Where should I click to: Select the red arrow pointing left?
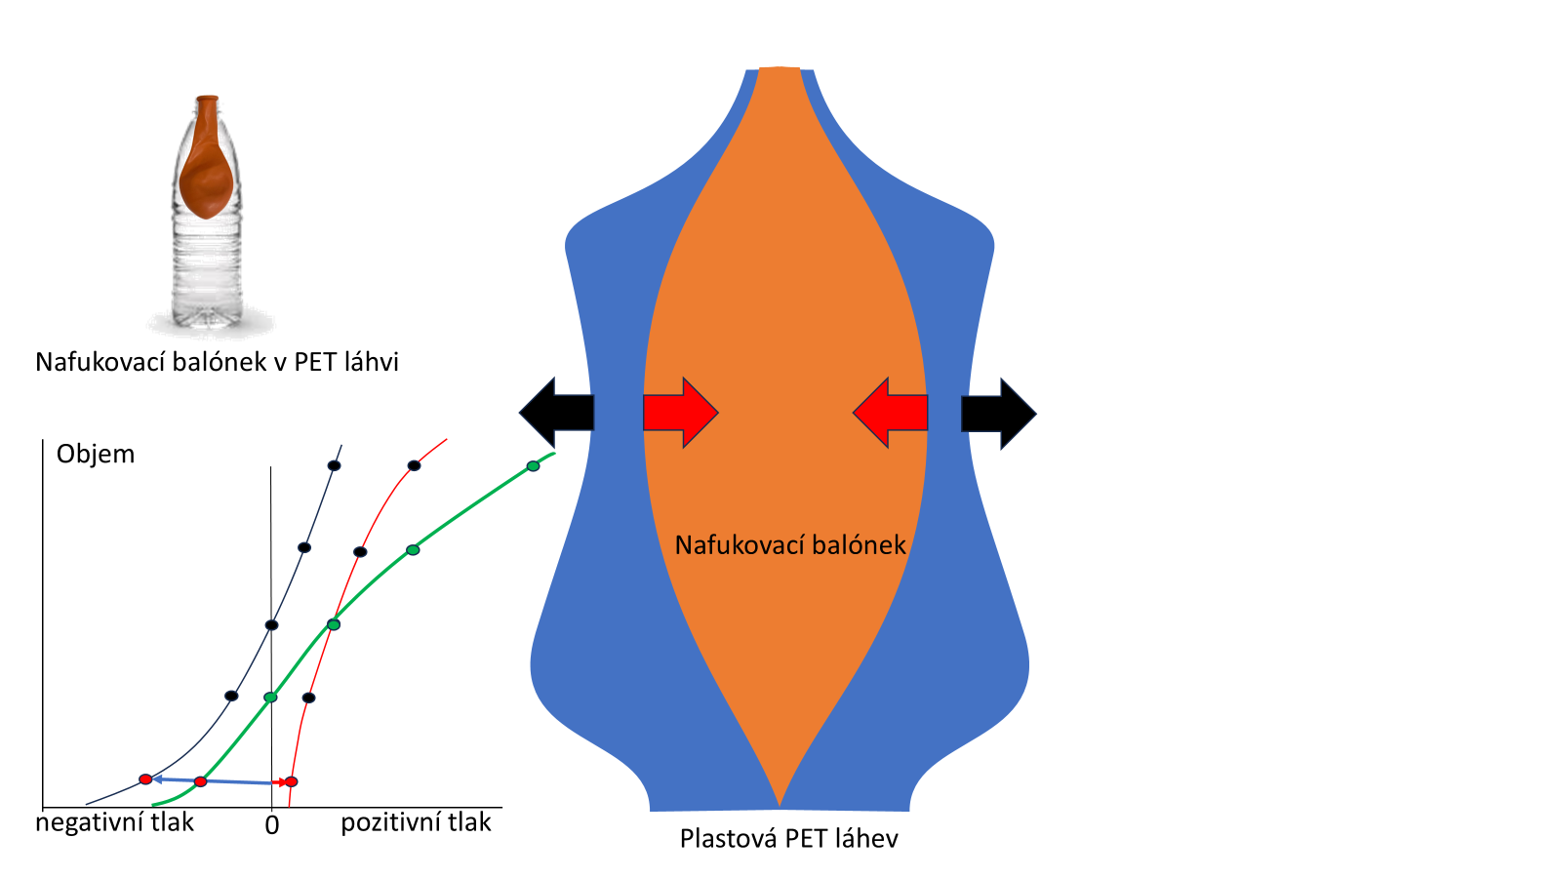pyautogui.click(x=890, y=413)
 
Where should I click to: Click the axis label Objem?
pyautogui.click(x=96, y=454)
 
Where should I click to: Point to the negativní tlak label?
pyautogui.click(x=114, y=822)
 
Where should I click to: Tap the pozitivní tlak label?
pyautogui.click(x=416, y=822)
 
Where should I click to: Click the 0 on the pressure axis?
pyautogui.click(x=272, y=825)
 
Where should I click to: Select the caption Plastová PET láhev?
pyautogui.click(x=788, y=839)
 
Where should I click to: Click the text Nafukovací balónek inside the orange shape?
pyautogui.click(x=790, y=544)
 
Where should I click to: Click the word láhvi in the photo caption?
pyautogui.click(x=372, y=362)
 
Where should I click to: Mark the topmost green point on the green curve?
pyautogui.click(x=533, y=466)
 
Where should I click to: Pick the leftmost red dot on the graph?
pyautogui.click(x=145, y=779)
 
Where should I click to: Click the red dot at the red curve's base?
pyautogui.click(x=291, y=781)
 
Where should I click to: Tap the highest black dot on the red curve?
pyautogui.click(x=414, y=465)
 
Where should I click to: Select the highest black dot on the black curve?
pyautogui.click(x=334, y=465)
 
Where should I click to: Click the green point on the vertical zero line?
pyautogui.click(x=270, y=697)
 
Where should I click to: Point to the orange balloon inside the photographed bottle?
pyautogui.click(x=206, y=171)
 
